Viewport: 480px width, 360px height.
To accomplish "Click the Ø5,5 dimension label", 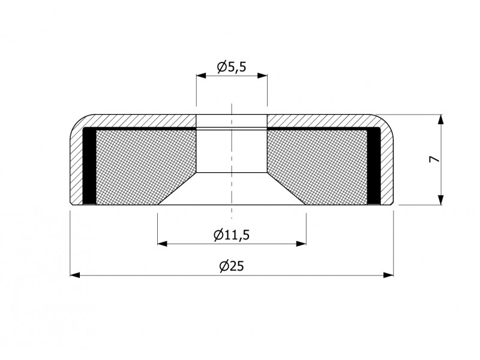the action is click(232, 67).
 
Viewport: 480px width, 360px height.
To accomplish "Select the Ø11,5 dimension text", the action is click(232, 235).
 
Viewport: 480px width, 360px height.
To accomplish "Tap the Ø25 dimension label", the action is click(232, 266).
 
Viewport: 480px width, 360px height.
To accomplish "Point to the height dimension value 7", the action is click(434, 159).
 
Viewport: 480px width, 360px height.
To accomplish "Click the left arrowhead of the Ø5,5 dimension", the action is click(201, 76).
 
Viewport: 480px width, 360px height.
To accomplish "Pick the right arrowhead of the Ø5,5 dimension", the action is click(262, 76).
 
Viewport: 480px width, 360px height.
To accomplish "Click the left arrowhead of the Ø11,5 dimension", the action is click(163, 244).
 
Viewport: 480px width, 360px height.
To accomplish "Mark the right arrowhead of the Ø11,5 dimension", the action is click(301, 244).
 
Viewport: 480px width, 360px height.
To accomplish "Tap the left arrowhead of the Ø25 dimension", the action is click(75, 275).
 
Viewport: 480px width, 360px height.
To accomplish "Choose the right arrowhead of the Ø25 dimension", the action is click(388, 275).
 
